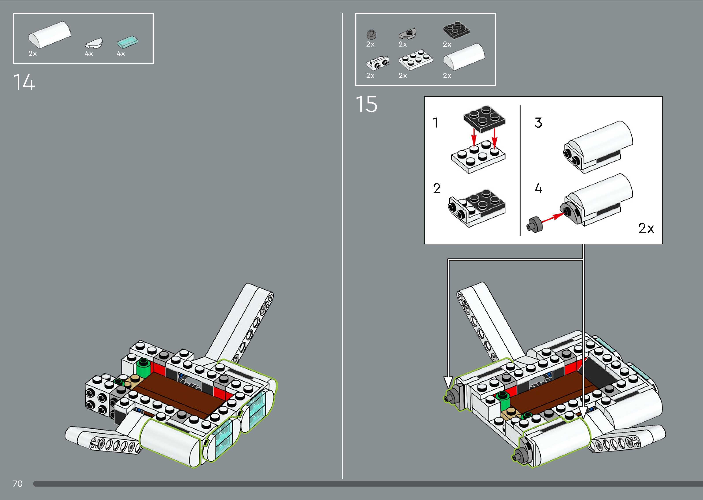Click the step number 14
(x=24, y=82)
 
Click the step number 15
(x=366, y=104)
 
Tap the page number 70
(x=18, y=484)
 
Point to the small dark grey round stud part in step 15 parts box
(x=371, y=34)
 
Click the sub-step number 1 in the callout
(x=435, y=123)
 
